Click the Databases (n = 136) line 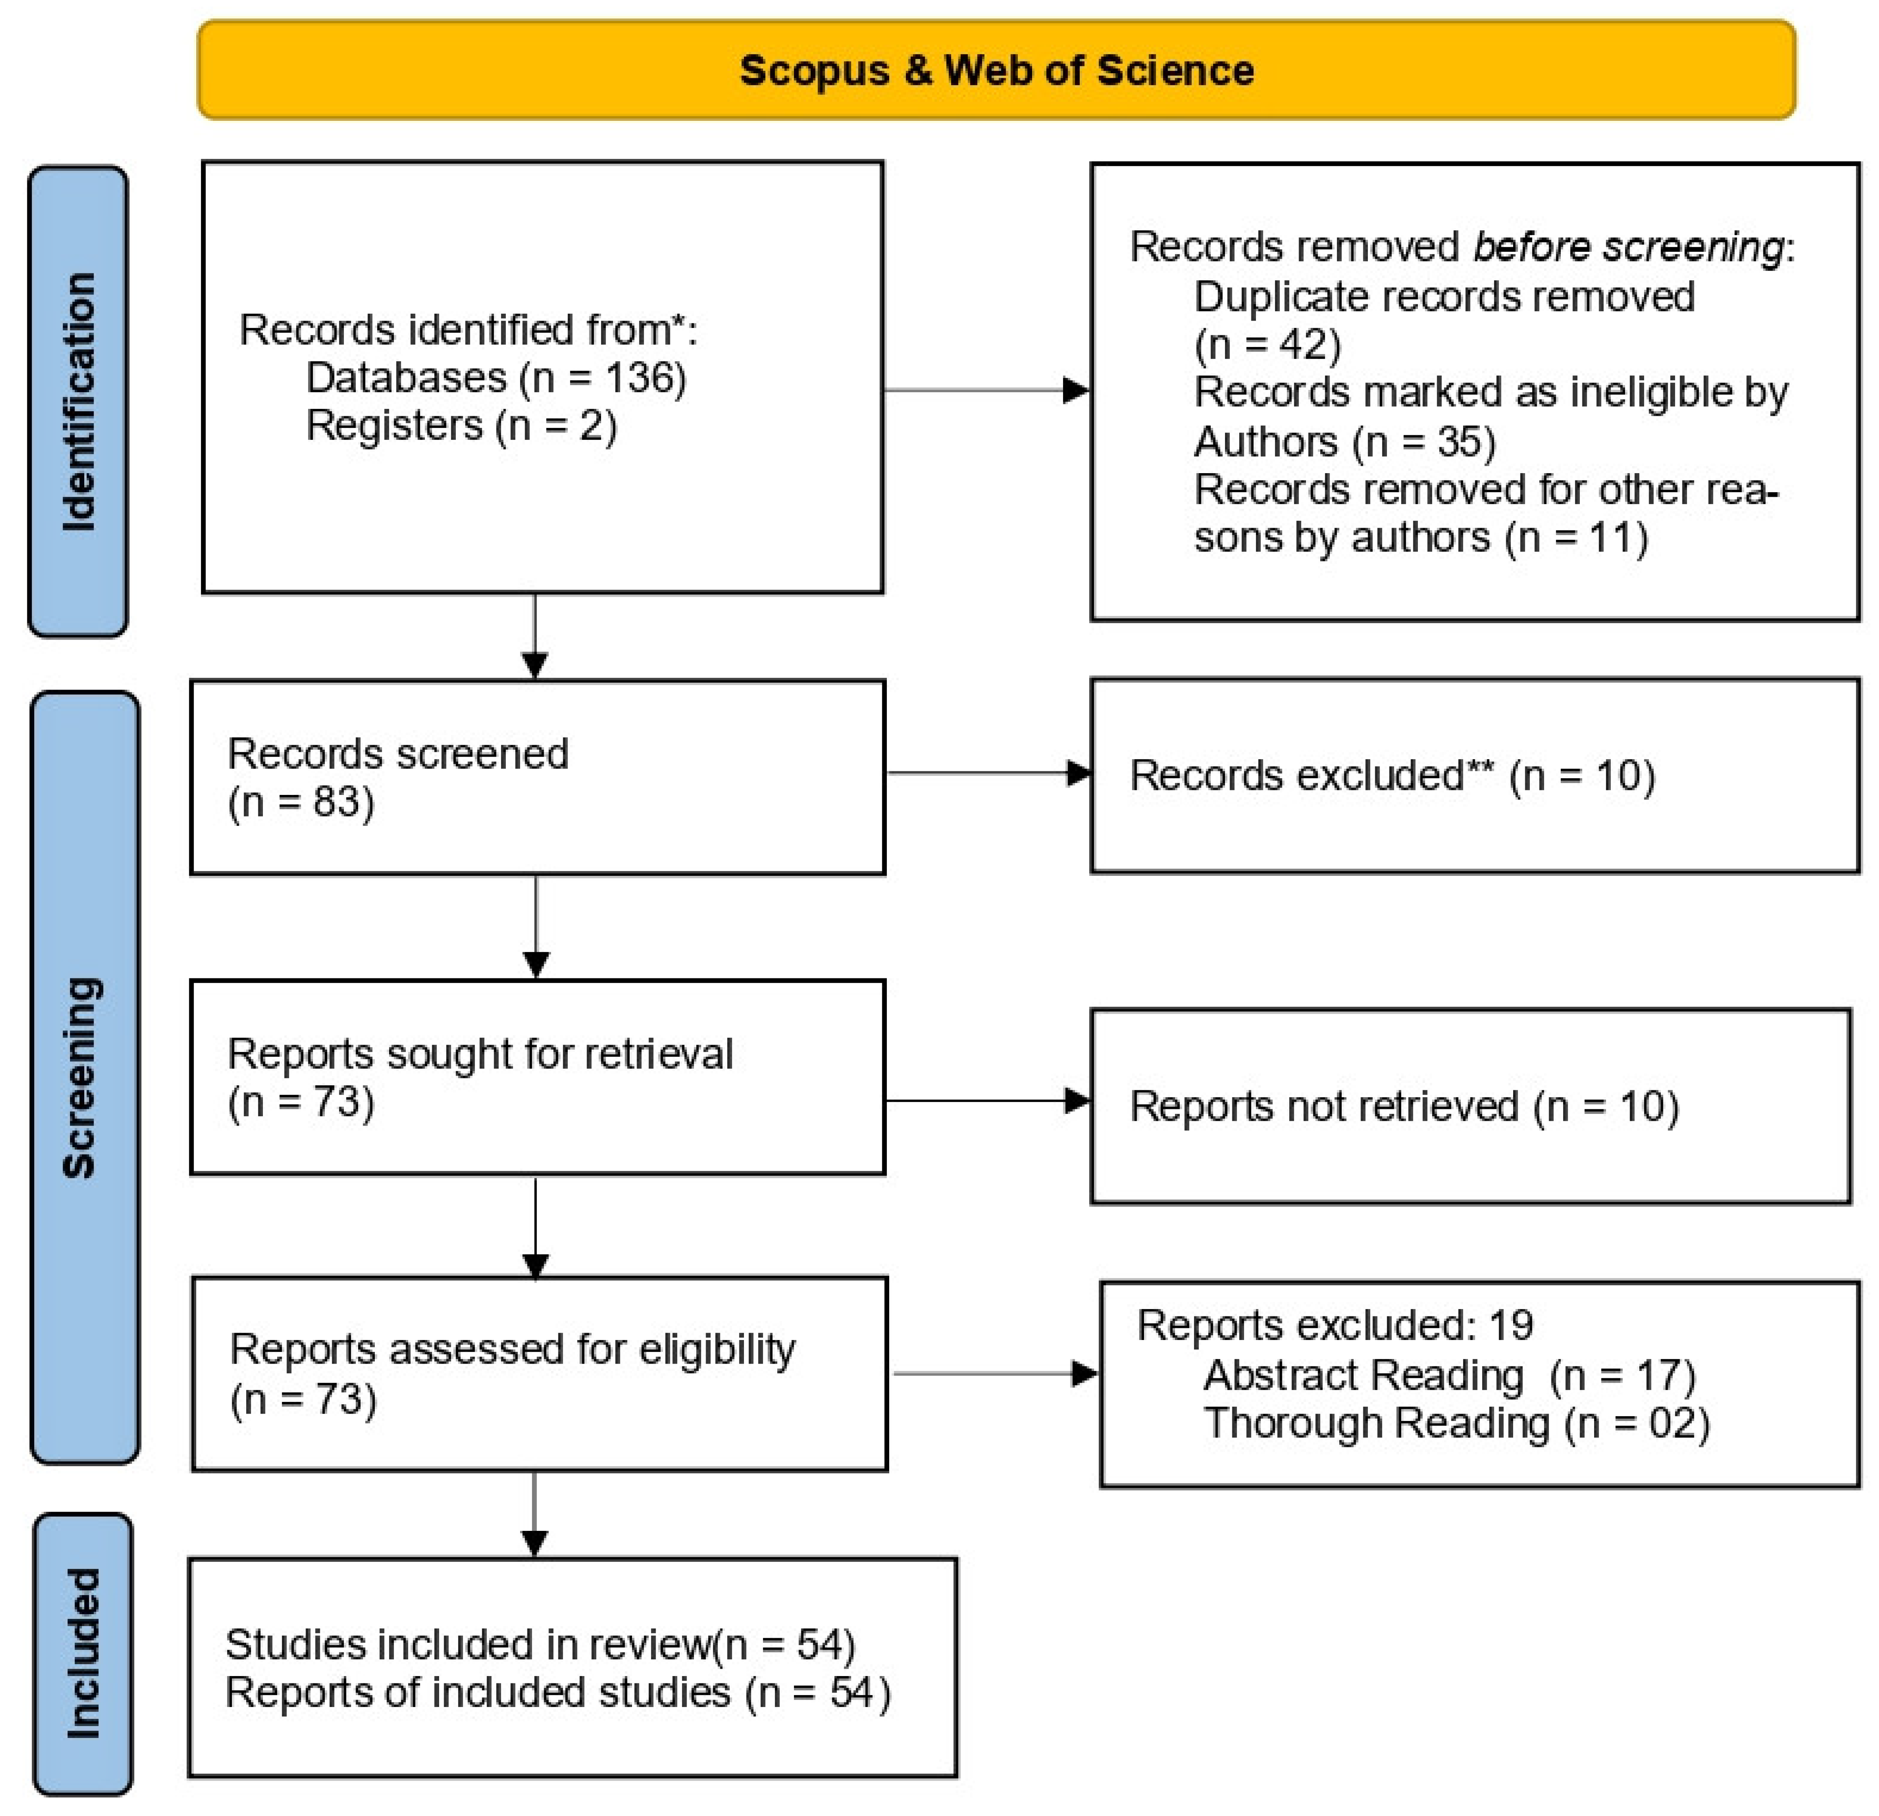coord(496,378)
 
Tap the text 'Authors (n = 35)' coord(1344,442)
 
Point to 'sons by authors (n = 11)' coord(1420,538)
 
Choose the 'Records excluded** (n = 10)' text coord(1392,775)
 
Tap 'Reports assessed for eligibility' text coord(512,1349)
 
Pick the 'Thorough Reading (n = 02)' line coord(1456,1423)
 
